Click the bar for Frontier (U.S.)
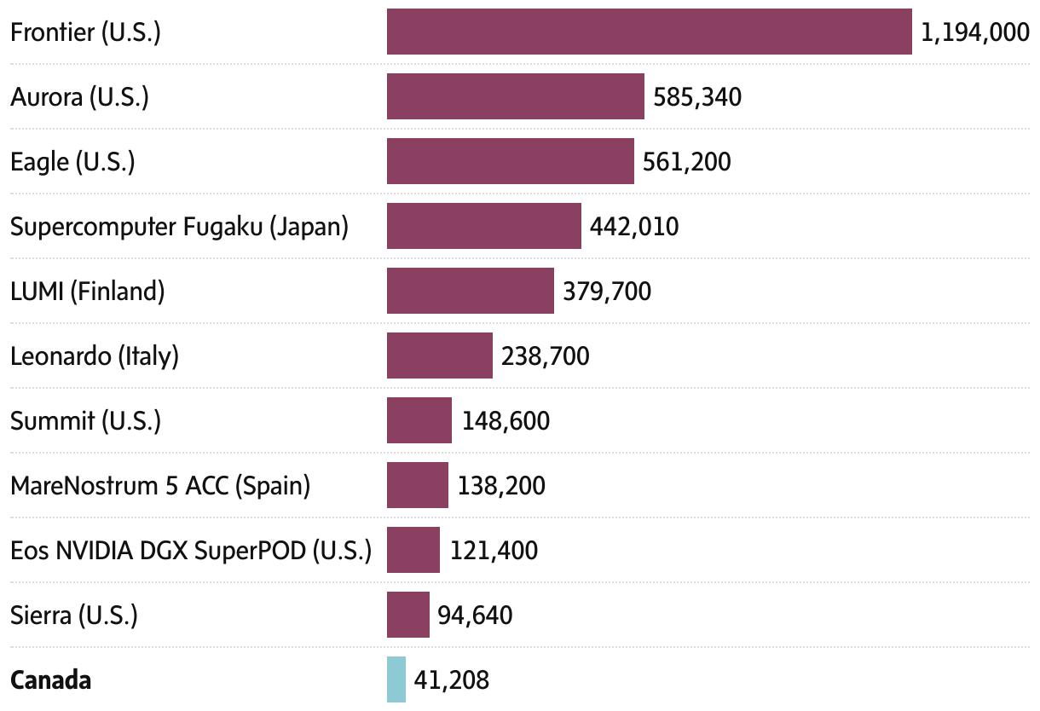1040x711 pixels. [649, 32]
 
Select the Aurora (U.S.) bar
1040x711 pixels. [515, 96]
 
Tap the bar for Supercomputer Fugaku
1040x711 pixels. [483, 226]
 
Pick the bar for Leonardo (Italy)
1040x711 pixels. [439, 355]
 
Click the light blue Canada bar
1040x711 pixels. [396, 679]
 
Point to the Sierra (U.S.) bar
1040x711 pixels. [407, 615]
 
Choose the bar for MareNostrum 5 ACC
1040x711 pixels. [417, 485]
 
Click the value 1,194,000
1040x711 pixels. [975, 32]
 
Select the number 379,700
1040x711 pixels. [606, 292]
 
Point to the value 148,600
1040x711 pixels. [506, 421]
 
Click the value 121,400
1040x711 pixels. [494, 551]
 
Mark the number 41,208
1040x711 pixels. [451, 680]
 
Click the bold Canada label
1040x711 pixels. [50, 680]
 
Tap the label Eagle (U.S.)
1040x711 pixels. [72, 162]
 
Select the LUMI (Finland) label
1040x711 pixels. [87, 292]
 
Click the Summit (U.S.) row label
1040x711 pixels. [85, 421]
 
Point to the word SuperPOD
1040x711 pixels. [250, 551]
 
